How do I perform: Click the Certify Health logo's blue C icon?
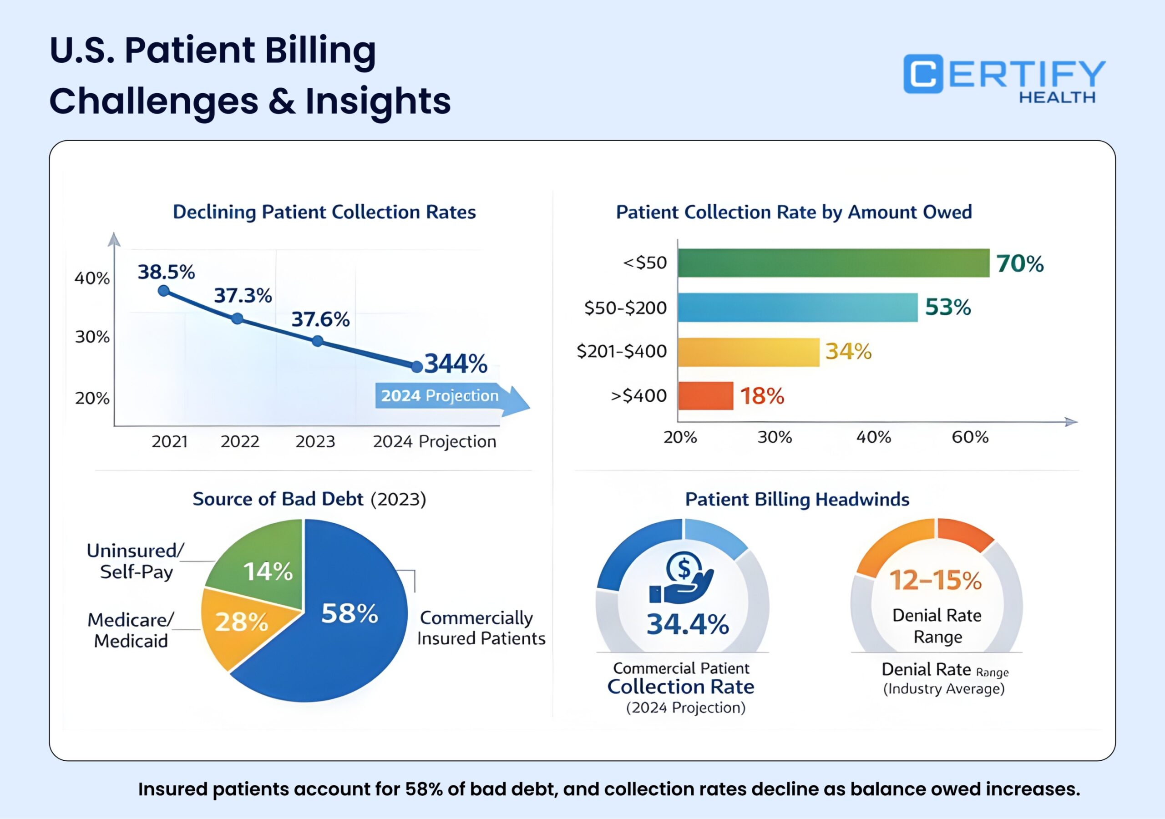point(922,74)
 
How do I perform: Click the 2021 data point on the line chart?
point(164,291)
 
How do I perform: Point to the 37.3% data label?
point(243,295)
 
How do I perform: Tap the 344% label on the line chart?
point(455,364)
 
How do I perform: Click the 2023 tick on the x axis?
point(315,441)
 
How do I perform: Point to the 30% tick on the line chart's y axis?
point(92,337)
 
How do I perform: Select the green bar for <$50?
point(833,263)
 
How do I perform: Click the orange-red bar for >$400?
point(705,396)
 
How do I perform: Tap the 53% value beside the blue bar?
point(947,307)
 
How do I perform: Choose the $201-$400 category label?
point(622,351)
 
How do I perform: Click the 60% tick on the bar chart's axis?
point(970,437)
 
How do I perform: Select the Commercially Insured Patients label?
point(480,628)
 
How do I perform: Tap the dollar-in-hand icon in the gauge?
point(683,578)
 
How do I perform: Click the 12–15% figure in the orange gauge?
point(936,580)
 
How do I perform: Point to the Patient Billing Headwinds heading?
point(797,499)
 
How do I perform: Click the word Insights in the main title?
point(378,101)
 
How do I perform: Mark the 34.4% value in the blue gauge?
point(687,624)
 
